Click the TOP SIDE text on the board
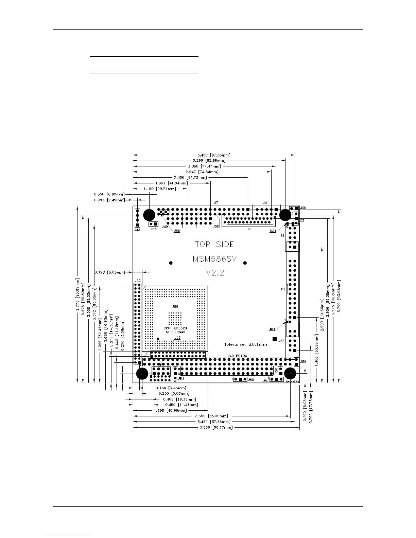214,244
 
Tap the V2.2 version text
215,272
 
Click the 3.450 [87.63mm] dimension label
214,155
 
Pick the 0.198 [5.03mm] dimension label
109,272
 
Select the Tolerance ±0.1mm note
245,344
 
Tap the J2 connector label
248,229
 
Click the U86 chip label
174,307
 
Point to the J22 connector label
137,281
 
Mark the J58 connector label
251,379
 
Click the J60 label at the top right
303,208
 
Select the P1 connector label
283,289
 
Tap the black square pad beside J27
275,339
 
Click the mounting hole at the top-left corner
149,215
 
